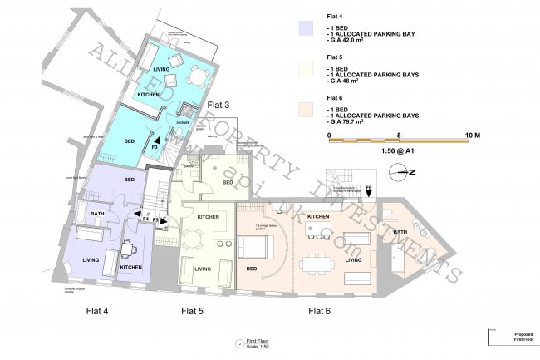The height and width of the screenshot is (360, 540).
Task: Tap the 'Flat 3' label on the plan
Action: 218,106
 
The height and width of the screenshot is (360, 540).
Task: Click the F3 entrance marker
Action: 155,145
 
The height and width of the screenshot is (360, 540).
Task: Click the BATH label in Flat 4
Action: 97,215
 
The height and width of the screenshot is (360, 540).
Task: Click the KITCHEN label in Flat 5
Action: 208,217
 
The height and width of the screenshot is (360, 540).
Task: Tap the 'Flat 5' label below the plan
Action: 193,311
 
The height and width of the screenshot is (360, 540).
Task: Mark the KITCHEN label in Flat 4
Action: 130,267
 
